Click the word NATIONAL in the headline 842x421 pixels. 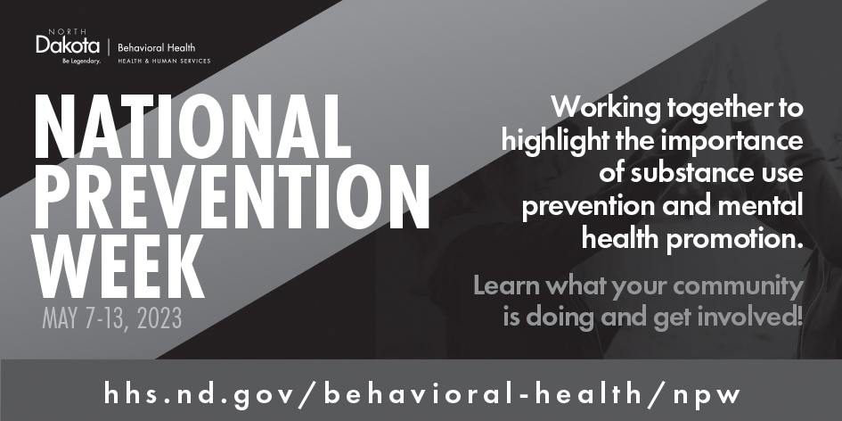(192, 127)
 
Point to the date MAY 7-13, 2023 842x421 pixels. (111, 318)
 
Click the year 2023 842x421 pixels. (159, 318)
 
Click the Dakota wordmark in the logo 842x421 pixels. (68, 45)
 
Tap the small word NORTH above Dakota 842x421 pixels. (67, 32)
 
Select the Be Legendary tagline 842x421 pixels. (82, 61)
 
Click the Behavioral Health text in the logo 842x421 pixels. (156, 48)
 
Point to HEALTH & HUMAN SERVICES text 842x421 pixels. (164, 62)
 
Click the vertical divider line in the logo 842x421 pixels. (109, 48)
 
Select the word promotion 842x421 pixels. (734, 239)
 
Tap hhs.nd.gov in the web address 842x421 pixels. (200, 394)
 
